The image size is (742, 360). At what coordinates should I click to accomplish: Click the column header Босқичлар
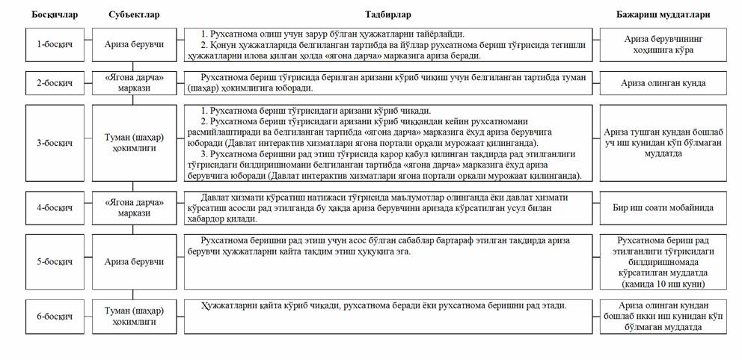(55, 13)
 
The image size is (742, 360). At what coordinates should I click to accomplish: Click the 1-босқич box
(55, 44)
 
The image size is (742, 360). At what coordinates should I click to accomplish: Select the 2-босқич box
(55, 82)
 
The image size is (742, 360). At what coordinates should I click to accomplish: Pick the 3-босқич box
(55, 143)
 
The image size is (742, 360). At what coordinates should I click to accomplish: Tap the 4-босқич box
(55, 208)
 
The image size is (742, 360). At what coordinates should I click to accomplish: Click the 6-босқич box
(55, 316)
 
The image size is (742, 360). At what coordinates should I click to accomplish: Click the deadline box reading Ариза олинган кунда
(663, 83)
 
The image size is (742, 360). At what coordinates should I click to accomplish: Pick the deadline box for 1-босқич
(663, 44)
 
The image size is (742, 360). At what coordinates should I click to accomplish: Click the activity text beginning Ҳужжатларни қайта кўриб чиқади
(382, 306)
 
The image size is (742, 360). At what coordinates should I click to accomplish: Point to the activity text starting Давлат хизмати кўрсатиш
(382, 208)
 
